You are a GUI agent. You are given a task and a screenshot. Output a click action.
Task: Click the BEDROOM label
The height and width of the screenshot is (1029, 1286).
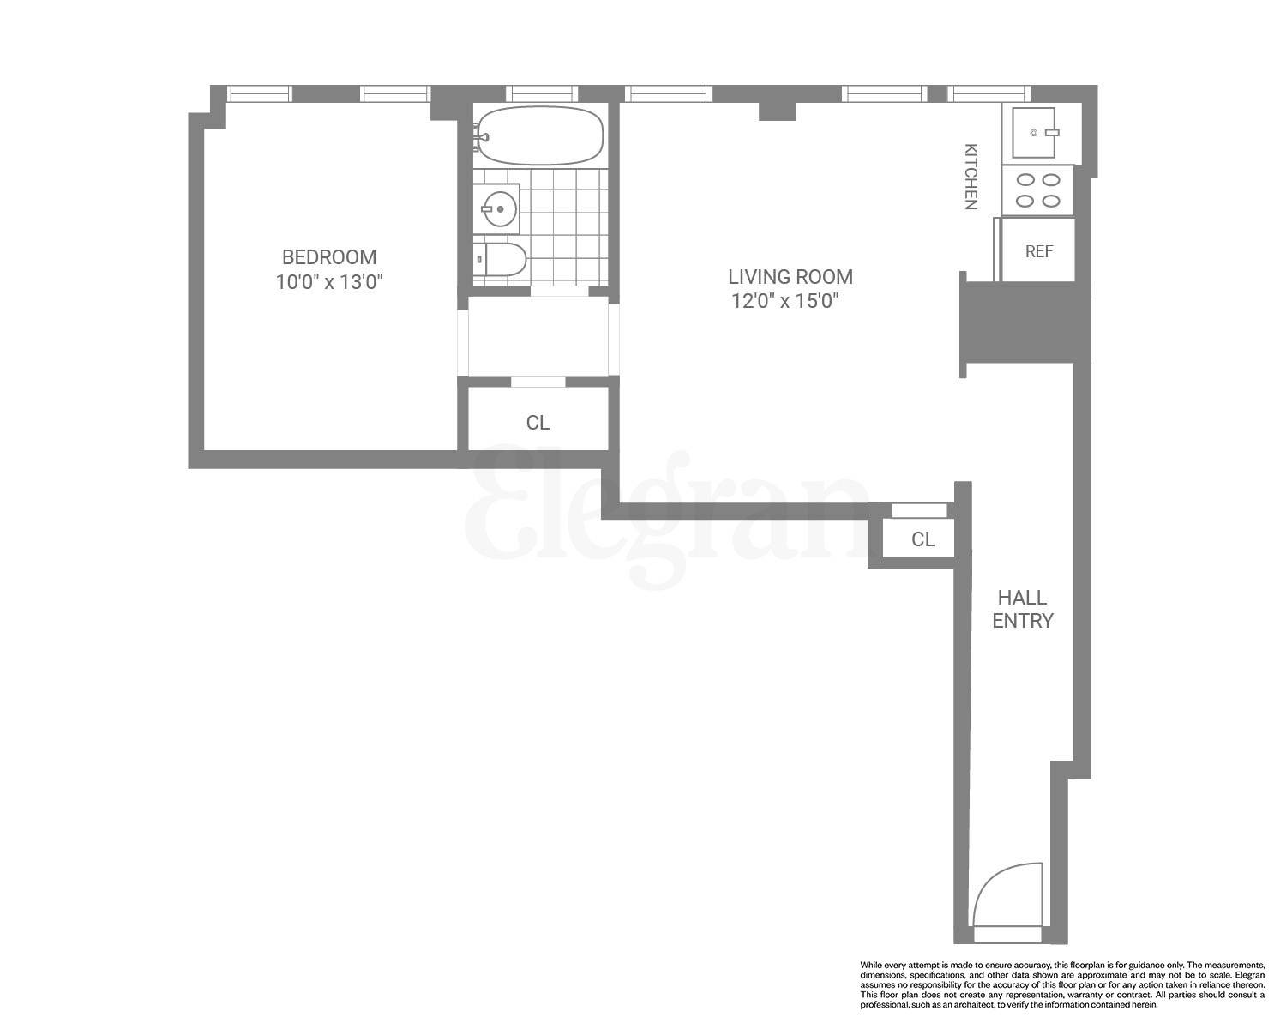click(x=329, y=256)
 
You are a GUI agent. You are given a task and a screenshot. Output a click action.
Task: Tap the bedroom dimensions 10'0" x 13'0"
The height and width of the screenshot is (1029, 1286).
click(x=328, y=282)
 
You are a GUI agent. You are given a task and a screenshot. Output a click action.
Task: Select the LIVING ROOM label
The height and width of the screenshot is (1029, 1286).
click(x=790, y=277)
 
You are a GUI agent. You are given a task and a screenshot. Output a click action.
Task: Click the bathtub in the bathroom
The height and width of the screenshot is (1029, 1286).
click(x=540, y=135)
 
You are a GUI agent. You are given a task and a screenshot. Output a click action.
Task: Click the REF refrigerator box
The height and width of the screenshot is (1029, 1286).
click(x=1038, y=251)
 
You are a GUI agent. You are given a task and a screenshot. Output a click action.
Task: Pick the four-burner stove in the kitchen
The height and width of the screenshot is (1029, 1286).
click(x=1037, y=190)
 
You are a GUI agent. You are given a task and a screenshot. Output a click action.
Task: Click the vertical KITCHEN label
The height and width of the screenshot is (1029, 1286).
click(x=971, y=176)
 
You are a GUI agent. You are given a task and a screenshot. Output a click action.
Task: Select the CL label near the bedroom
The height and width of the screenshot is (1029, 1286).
click(x=538, y=423)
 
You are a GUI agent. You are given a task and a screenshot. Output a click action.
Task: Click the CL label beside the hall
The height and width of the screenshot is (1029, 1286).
click(x=922, y=539)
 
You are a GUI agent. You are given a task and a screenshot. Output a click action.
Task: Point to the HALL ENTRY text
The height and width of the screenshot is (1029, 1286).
click(x=1022, y=609)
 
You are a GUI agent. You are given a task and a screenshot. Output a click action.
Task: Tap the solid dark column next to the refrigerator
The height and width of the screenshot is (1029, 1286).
click(x=1025, y=323)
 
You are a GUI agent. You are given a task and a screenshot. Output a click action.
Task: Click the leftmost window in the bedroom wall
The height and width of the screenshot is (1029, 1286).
click(x=259, y=93)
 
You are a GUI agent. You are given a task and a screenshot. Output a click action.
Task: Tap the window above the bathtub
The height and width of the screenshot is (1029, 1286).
click(x=541, y=93)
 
